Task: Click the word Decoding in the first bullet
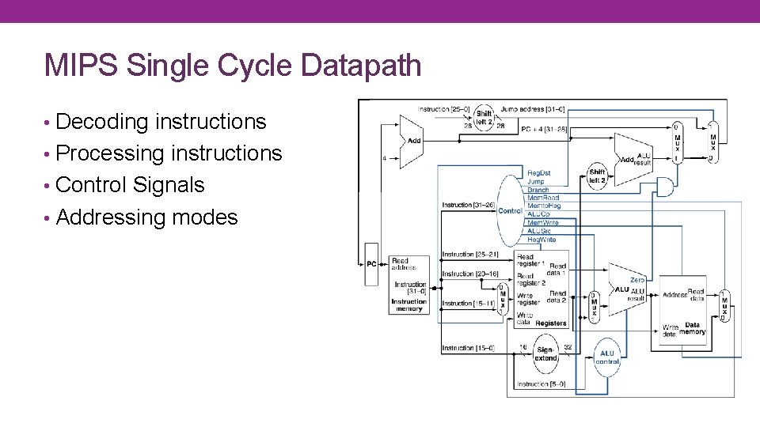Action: (101, 122)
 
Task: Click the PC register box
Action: (371, 264)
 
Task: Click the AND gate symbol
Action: (666, 187)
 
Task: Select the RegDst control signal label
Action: (538, 173)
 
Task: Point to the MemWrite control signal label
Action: (543, 223)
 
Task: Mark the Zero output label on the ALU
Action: (637, 280)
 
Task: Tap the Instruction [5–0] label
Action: (541, 384)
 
